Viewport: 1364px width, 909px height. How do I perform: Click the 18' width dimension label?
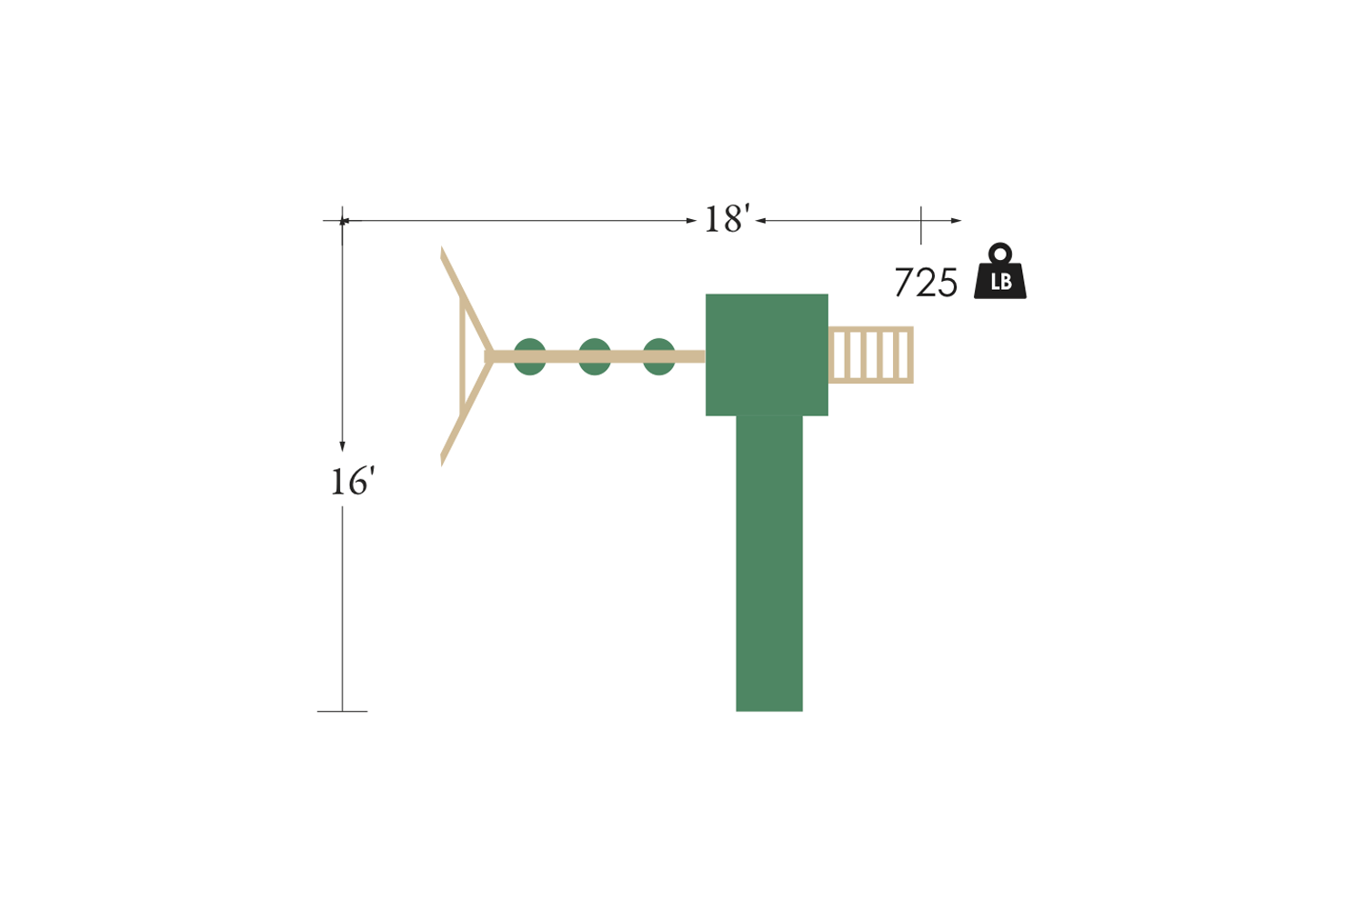(727, 219)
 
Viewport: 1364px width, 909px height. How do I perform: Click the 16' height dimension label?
(352, 482)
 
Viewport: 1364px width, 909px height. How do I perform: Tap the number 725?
(926, 283)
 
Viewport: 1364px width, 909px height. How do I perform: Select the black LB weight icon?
(1000, 272)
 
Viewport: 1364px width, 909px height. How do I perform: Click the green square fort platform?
(767, 355)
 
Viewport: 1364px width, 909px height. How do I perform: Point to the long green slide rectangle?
(769, 564)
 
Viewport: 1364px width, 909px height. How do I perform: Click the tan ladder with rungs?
(871, 355)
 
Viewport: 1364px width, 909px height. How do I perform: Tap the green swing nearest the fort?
(659, 356)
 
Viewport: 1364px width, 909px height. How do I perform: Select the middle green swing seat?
(595, 356)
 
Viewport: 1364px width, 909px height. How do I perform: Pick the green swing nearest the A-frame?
(530, 356)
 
